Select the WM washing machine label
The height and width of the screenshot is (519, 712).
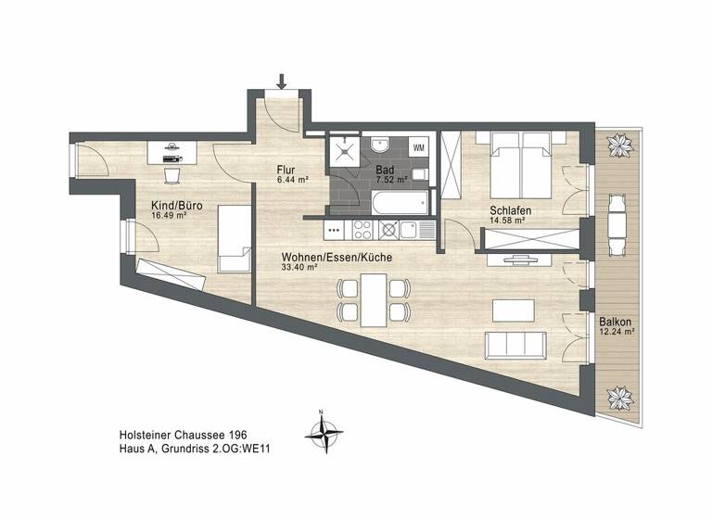click(x=418, y=147)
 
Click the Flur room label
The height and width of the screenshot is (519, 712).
click(x=286, y=170)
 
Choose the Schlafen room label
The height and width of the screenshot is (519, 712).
click(x=509, y=210)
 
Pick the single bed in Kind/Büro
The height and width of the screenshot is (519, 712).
click(x=234, y=239)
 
